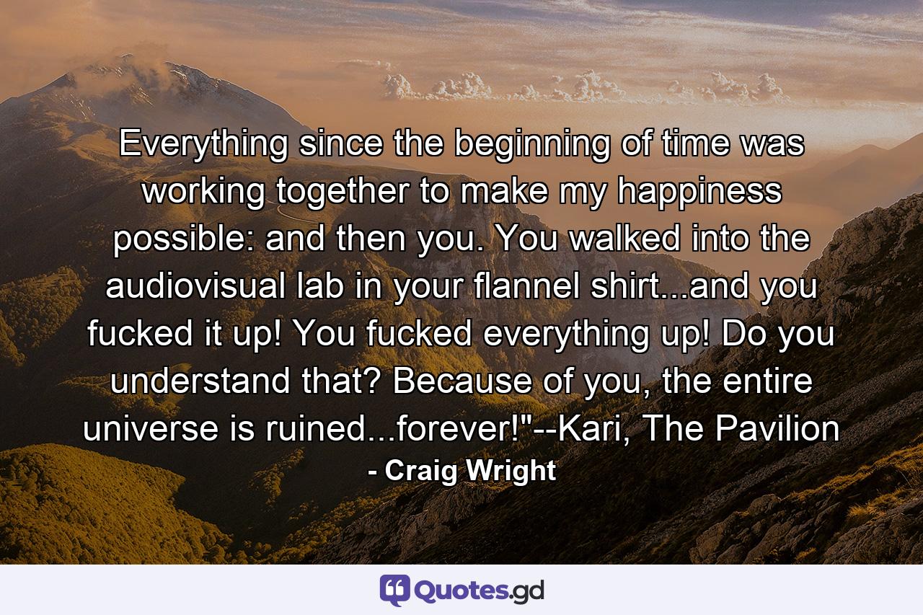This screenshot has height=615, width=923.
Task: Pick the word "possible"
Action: [183, 239]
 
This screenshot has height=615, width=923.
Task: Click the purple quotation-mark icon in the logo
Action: [394, 590]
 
